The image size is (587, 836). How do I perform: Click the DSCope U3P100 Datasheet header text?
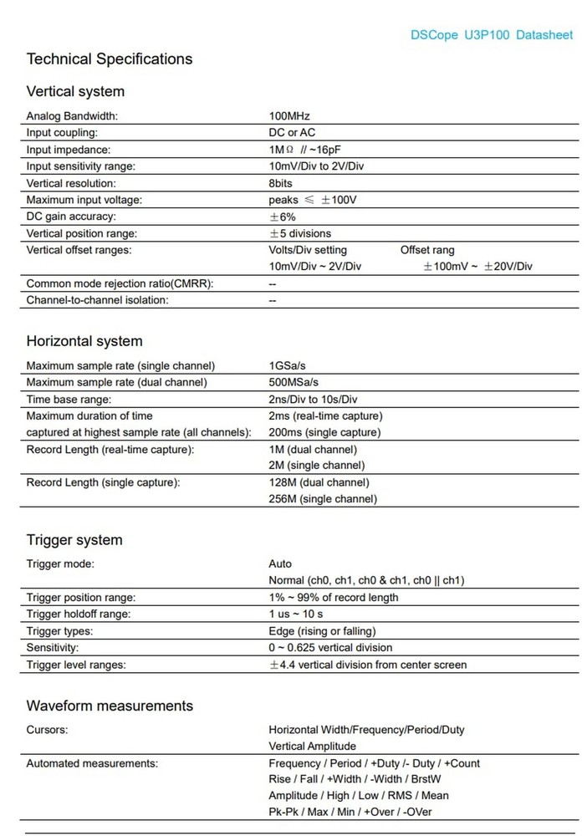pos(492,35)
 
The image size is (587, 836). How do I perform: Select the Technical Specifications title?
pos(110,59)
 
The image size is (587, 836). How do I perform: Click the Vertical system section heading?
pos(75,91)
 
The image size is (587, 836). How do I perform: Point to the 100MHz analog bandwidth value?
pos(289,116)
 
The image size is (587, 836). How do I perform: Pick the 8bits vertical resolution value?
pos(281,183)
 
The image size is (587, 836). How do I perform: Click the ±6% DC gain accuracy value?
pos(282,217)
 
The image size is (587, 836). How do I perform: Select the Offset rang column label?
pos(427,250)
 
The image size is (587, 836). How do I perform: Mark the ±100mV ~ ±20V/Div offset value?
pos(477,267)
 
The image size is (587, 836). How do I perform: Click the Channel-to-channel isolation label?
pos(97,300)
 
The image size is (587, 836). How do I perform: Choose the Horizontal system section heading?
pos(84,341)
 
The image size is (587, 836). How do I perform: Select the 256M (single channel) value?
pos(322,499)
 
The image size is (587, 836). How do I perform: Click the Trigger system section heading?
pos(74,540)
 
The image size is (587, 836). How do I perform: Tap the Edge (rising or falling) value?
pos(322,631)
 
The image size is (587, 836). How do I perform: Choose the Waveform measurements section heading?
pos(110,706)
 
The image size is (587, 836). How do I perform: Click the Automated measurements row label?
pos(92,763)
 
